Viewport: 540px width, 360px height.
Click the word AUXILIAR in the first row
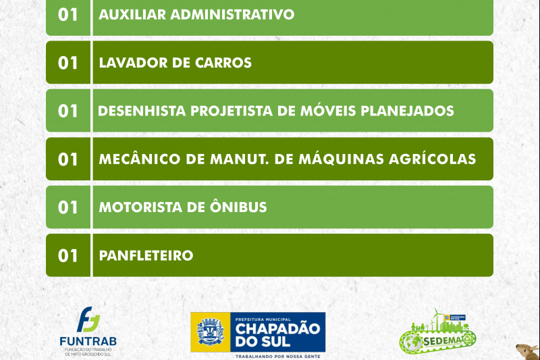(132, 14)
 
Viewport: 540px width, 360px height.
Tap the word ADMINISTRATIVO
(232, 14)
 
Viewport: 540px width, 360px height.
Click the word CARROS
(223, 63)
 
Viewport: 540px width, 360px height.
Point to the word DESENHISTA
(142, 111)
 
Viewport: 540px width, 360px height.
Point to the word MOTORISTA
(140, 207)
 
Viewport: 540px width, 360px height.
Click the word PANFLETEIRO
(146, 255)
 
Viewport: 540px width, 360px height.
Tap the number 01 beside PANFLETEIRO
(68, 255)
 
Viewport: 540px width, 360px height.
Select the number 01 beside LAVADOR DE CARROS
(68, 63)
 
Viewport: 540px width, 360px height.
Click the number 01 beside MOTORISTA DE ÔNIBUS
(68, 207)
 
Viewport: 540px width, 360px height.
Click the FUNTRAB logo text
(88, 341)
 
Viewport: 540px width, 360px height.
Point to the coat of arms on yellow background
(211, 332)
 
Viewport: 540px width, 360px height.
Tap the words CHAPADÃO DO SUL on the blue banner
(277, 335)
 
